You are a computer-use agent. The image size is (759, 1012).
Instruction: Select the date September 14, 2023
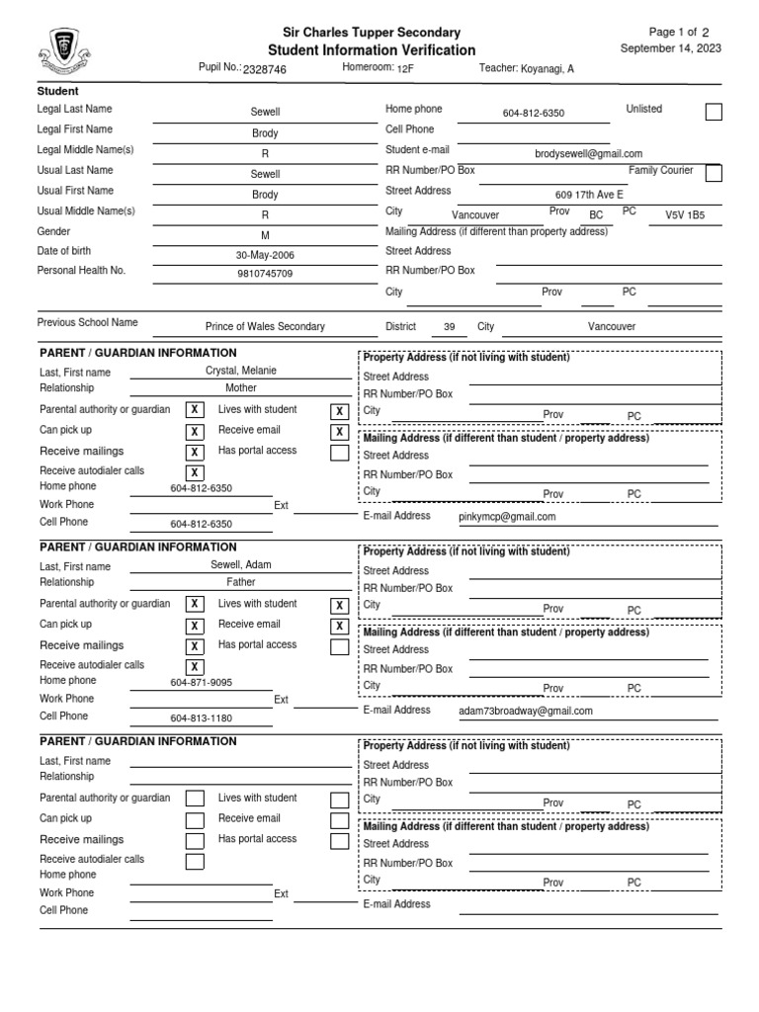tap(670, 48)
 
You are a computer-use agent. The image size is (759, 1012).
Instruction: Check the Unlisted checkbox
tap(713, 112)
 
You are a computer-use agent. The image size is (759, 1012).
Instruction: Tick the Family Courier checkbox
tap(713, 173)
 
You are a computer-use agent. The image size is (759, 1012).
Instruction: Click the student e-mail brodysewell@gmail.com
tap(588, 154)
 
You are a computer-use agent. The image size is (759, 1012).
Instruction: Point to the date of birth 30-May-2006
tap(265, 255)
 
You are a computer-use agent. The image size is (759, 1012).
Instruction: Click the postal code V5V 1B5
tap(686, 214)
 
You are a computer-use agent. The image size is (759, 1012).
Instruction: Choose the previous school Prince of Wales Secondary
tap(265, 327)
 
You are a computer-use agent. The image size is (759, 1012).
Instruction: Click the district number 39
tap(449, 326)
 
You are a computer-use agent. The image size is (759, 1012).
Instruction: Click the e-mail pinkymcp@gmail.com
tap(507, 517)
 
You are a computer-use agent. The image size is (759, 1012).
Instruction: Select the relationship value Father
tap(240, 583)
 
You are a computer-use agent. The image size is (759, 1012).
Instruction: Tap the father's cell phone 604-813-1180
tap(201, 718)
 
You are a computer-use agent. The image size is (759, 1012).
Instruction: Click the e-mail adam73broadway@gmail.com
tap(525, 711)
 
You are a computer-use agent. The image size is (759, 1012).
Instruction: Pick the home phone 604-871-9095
tap(201, 683)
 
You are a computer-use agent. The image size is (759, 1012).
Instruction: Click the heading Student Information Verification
tap(372, 50)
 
